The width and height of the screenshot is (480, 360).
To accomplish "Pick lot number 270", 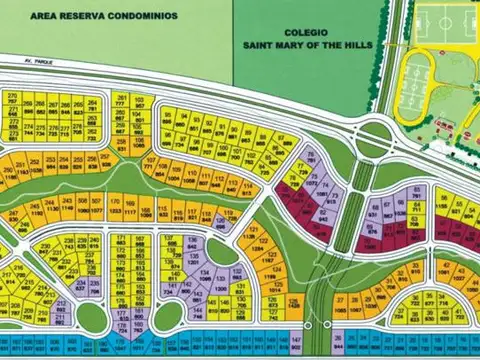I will click(12, 97).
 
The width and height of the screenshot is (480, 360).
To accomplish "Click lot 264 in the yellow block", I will click(92, 103).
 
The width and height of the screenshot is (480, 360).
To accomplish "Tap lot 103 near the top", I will click(139, 103).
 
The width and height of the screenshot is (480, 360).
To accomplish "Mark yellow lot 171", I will click(121, 241).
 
